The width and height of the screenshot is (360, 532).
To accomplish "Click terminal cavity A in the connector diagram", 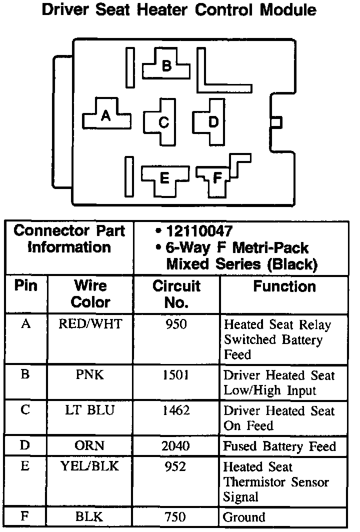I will (105, 116).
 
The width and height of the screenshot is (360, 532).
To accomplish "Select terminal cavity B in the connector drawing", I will (167, 66).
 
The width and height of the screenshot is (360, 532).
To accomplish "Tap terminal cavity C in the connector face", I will (163, 122).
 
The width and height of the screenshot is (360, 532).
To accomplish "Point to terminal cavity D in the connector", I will (213, 121).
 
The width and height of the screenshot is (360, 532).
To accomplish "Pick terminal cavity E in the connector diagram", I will (164, 177).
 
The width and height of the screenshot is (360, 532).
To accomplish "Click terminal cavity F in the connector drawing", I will (216, 177).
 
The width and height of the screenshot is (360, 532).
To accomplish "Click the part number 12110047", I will (199, 231).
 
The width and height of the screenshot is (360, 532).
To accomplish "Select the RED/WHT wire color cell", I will (90, 324).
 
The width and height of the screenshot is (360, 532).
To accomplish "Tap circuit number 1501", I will (176, 375).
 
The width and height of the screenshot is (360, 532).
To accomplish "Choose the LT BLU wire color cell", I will (90, 410).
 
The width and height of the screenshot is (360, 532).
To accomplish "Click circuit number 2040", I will (176, 446).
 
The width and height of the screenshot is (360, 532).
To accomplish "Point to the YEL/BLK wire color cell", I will (90, 466).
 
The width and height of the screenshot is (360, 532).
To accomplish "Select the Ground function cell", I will (244, 517).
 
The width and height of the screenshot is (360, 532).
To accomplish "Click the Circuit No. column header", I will (176, 294).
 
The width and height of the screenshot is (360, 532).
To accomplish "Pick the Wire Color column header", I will (90, 294).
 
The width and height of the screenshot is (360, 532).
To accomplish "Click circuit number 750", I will (176, 517).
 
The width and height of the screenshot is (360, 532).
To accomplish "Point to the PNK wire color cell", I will (90, 375).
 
